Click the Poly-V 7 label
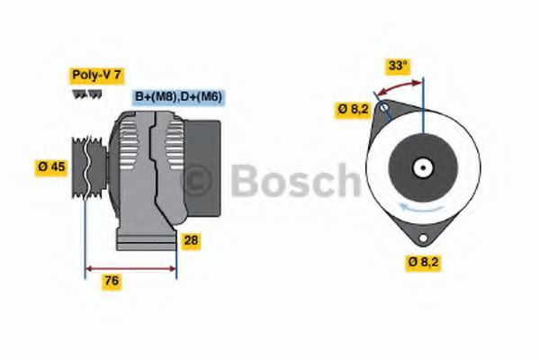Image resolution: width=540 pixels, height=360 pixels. pyautogui.click(x=94, y=77)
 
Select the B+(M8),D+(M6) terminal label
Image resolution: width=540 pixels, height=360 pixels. pyautogui.click(x=178, y=96)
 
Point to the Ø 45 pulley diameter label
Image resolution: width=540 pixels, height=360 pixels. pyautogui.click(x=51, y=167)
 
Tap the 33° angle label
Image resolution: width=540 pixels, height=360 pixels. pyautogui.click(x=398, y=65)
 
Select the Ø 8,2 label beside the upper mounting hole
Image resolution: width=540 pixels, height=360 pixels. pyautogui.click(x=353, y=110)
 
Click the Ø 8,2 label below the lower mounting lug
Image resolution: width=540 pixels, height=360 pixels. pyautogui.click(x=423, y=262)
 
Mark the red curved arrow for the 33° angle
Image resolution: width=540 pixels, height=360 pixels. pyautogui.click(x=399, y=87)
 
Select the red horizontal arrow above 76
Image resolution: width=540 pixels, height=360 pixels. pyautogui.click(x=130, y=267)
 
